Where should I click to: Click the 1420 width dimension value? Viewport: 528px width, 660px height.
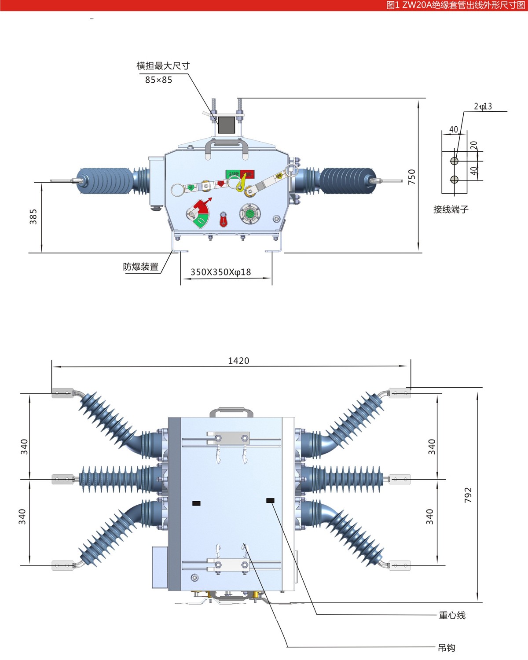238,361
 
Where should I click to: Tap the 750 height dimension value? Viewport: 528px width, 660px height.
412,177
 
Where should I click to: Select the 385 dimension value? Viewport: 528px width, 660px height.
33,216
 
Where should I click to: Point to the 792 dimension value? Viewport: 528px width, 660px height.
468,495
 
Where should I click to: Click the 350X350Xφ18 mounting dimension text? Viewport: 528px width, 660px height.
220,272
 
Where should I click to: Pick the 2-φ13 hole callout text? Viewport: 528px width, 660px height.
483,106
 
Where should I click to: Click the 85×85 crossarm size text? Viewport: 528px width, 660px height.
158,80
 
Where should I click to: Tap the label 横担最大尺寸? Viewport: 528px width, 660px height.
163,66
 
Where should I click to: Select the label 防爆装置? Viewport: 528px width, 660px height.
141,267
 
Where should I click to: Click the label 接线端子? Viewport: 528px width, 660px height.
451,209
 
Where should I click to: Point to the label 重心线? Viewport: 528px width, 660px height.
452,615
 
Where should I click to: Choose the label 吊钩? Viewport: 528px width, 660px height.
447,648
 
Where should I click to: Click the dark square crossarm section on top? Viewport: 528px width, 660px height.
227,125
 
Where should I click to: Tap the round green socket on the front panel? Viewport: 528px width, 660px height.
250,214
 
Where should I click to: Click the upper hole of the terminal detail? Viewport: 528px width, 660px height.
455,161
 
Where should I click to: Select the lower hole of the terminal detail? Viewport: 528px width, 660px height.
455,180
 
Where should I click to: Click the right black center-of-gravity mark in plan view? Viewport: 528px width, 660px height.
270,500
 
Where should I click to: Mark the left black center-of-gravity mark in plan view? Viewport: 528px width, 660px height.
197,503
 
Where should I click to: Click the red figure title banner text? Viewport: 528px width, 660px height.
455,5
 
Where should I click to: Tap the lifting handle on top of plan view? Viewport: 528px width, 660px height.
231,412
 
